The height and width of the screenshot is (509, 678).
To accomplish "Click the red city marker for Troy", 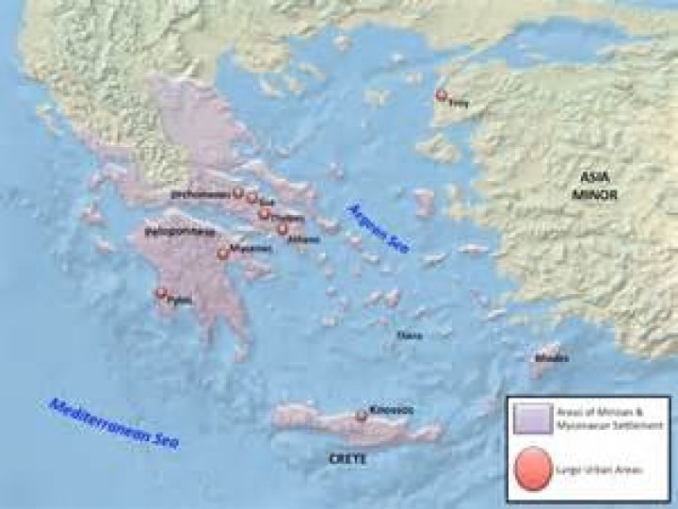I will (440, 94).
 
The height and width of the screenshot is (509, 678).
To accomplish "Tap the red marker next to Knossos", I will (360, 416).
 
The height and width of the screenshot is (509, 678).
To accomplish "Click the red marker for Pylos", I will (161, 293).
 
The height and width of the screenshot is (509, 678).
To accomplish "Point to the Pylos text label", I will (179, 302).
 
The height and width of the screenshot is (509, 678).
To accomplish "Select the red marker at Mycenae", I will (222, 254).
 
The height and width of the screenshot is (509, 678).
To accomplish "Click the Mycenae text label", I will (246, 250).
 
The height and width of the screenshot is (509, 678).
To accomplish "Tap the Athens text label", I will (304, 238).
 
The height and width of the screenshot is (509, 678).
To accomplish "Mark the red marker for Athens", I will (281, 228).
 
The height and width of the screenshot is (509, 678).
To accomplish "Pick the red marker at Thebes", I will (265, 212).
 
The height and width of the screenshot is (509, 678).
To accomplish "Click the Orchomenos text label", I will (201, 193).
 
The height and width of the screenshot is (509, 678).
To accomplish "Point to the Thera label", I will (410, 335).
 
